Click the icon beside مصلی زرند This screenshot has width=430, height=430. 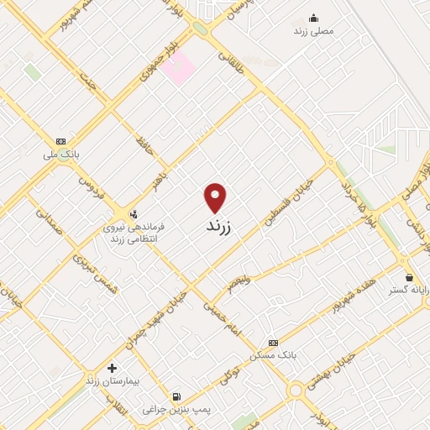[314, 18]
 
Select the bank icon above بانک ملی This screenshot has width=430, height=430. [60, 141]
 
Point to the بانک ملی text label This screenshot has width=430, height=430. [62, 155]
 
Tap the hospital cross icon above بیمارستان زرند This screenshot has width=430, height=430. [112, 368]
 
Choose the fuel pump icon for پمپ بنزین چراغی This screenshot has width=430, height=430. [176, 396]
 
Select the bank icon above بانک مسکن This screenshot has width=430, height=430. [271, 343]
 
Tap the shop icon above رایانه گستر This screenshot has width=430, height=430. [409, 277]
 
